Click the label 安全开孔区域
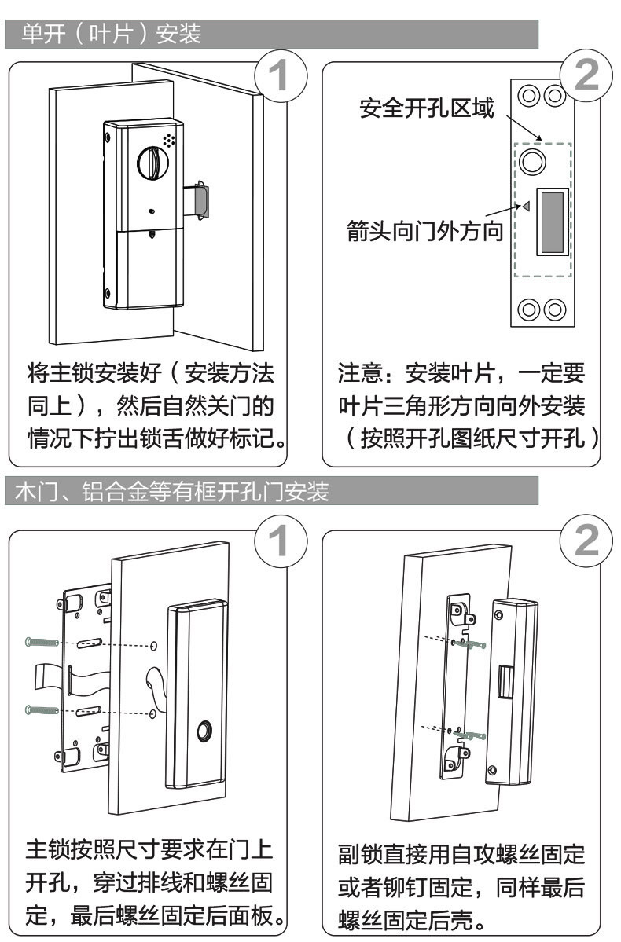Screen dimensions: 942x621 pos(427,108)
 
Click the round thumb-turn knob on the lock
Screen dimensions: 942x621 pos(151,163)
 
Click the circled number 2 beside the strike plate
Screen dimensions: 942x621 pos(586,76)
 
